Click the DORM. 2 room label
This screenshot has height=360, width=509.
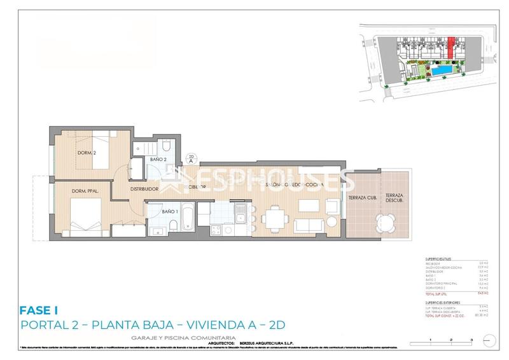(x=69, y=152)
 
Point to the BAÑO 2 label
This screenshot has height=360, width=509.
(x=158, y=159)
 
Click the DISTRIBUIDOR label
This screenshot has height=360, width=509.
(x=144, y=189)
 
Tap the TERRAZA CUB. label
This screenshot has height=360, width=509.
(x=361, y=198)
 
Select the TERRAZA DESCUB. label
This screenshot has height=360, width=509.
(x=393, y=198)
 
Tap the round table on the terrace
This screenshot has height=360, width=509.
(x=385, y=221)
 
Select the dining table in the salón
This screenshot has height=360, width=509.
(x=275, y=219)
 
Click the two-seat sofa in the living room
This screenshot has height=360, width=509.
(x=309, y=225)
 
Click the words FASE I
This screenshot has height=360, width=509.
(x=39, y=310)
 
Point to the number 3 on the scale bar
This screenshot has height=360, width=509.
(x=471, y=342)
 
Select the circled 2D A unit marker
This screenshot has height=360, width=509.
(x=191, y=159)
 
